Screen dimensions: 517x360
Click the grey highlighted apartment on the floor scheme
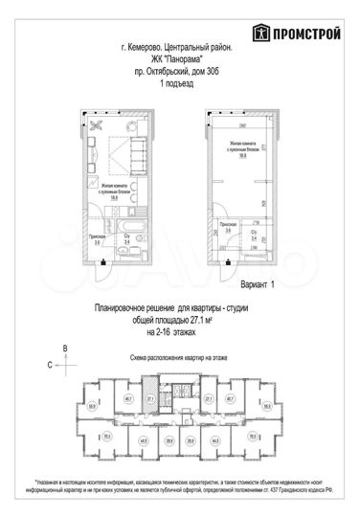coord(150,402)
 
